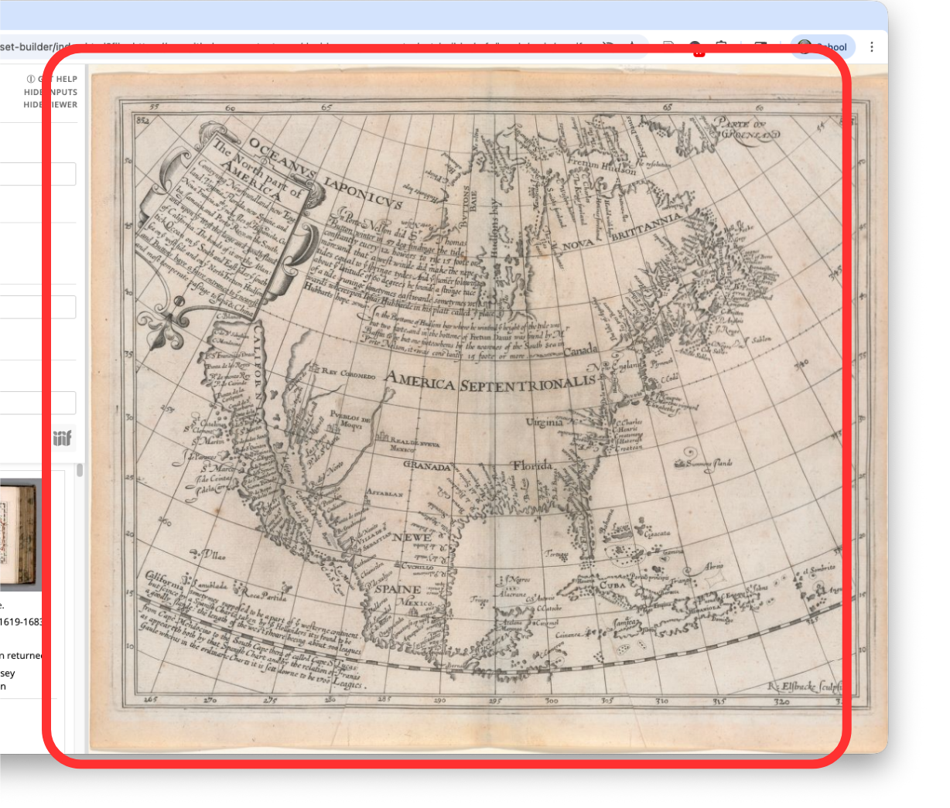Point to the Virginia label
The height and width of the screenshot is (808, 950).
tap(545, 422)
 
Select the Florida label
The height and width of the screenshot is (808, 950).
tap(531, 465)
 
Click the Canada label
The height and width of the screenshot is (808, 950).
tap(580, 351)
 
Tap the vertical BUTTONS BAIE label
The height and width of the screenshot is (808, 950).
tap(466, 205)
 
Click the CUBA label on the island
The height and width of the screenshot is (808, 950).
tap(612, 585)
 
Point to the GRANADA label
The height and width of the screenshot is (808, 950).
tap(427, 466)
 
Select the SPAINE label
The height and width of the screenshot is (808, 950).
tap(398, 588)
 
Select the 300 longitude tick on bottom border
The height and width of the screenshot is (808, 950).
tap(551, 701)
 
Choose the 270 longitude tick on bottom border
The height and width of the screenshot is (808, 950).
tap(210, 701)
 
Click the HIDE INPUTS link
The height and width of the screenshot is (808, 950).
tap(51, 92)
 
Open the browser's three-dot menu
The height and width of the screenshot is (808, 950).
tap(872, 47)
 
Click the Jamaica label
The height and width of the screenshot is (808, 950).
tap(625, 622)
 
